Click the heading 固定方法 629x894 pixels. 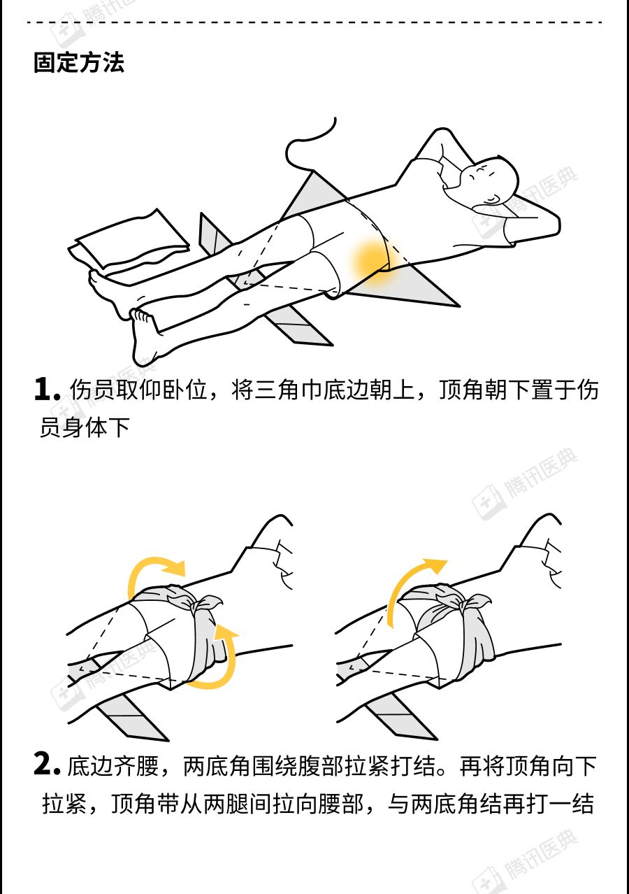(79, 63)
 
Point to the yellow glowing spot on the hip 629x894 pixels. (371, 260)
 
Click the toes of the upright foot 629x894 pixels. (141, 315)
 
